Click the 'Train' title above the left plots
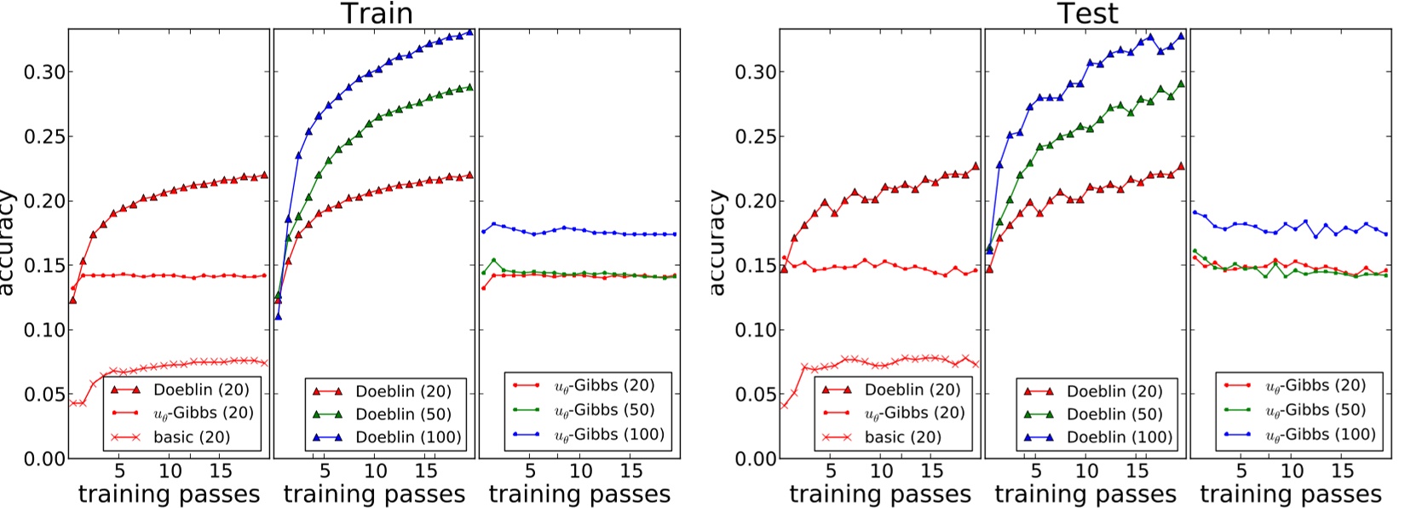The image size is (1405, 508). coord(377,14)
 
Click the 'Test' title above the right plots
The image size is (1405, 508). coord(1086,14)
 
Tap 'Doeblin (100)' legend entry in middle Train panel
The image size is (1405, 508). coord(408,437)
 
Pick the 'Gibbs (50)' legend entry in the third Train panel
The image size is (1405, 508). coord(604,410)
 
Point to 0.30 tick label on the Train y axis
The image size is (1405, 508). coord(43,72)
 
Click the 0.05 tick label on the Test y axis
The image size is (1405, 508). coord(754,394)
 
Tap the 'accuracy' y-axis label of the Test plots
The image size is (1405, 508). coord(717,243)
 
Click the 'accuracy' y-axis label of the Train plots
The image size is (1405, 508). coord(7,243)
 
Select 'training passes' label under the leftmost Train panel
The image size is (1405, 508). coord(169,494)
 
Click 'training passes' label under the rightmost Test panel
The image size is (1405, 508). coord(1291,494)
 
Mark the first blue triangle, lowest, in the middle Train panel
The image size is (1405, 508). coord(278,315)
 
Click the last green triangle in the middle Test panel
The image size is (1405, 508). coord(1180,84)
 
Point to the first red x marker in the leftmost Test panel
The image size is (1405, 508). coord(785,405)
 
